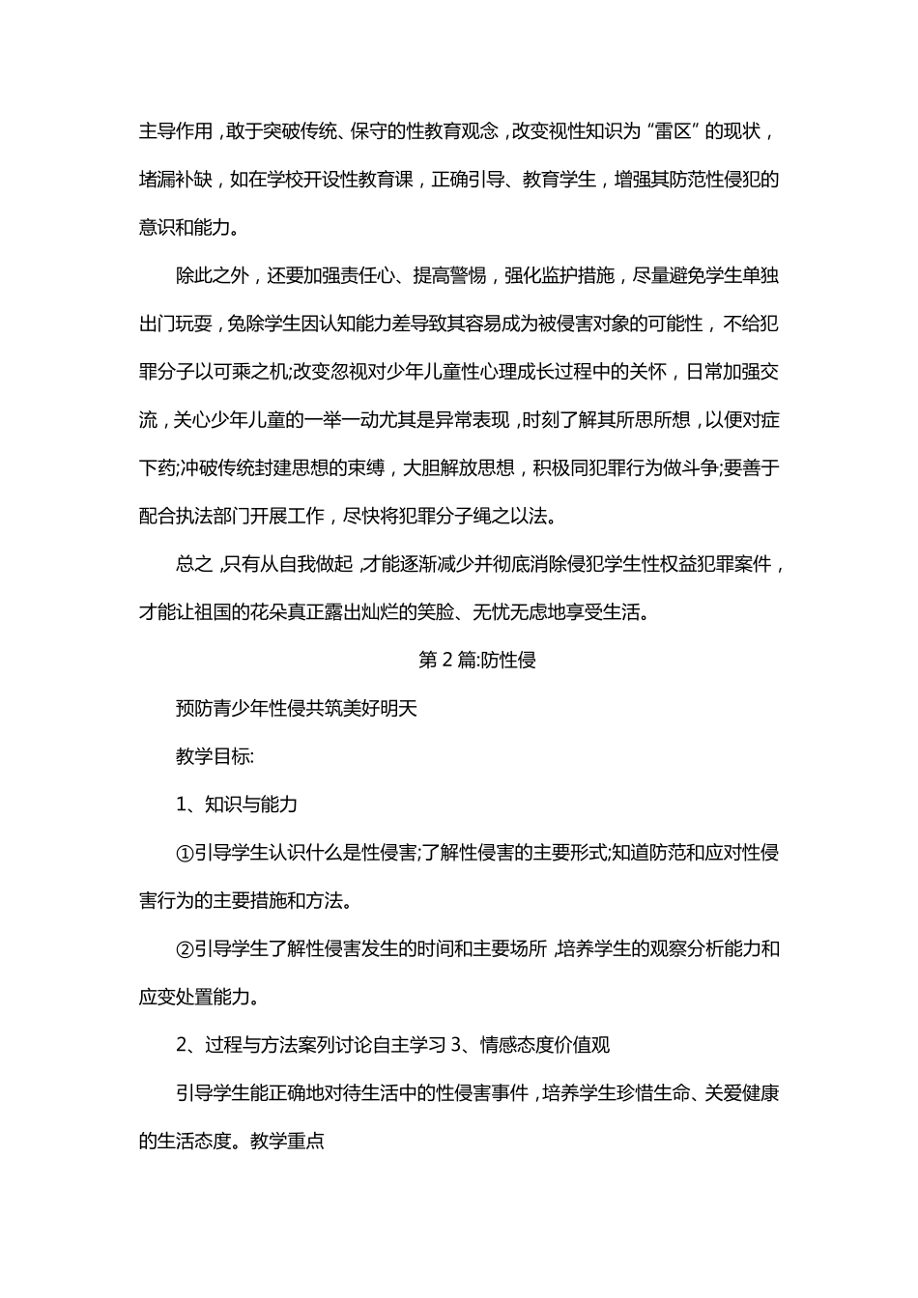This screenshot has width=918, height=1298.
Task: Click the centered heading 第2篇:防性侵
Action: pyautogui.click(x=477, y=661)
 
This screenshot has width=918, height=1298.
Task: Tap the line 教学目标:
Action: pyautogui.click(x=215, y=757)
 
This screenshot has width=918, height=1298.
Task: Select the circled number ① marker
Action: pyautogui.click(x=185, y=853)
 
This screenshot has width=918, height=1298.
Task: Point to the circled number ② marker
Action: pyautogui.click(x=185, y=949)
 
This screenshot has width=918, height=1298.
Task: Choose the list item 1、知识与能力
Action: pyautogui.click(x=236, y=804)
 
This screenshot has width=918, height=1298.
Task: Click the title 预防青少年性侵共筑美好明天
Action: pyautogui.click(x=296, y=709)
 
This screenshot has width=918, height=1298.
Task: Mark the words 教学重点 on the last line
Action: pyautogui.click(x=287, y=1141)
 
